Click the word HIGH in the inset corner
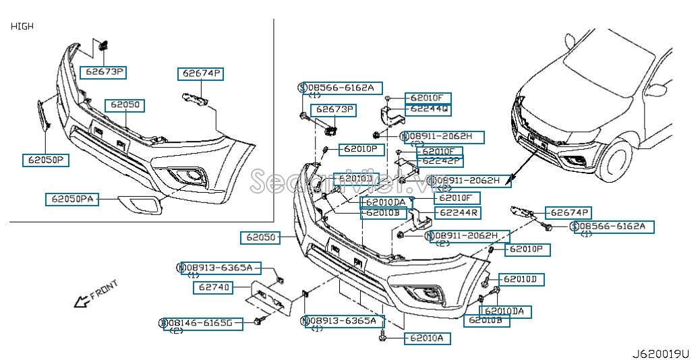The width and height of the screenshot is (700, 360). click(x=22, y=26)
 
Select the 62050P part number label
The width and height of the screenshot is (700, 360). click(x=46, y=160)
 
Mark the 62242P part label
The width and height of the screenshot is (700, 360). click(x=440, y=160)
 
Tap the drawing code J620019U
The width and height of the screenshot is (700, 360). click(x=661, y=353)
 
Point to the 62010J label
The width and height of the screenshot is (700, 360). click(x=355, y=179)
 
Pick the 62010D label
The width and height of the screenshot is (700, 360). click(x=522, y=279)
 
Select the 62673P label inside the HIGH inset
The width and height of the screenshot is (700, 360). click(x=104, y=71)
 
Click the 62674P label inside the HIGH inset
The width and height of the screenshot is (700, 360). click(x=200, y=73)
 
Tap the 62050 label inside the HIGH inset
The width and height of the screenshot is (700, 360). click(x=126, y=105)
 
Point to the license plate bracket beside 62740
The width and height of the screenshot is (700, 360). click(x=272, y=301)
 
